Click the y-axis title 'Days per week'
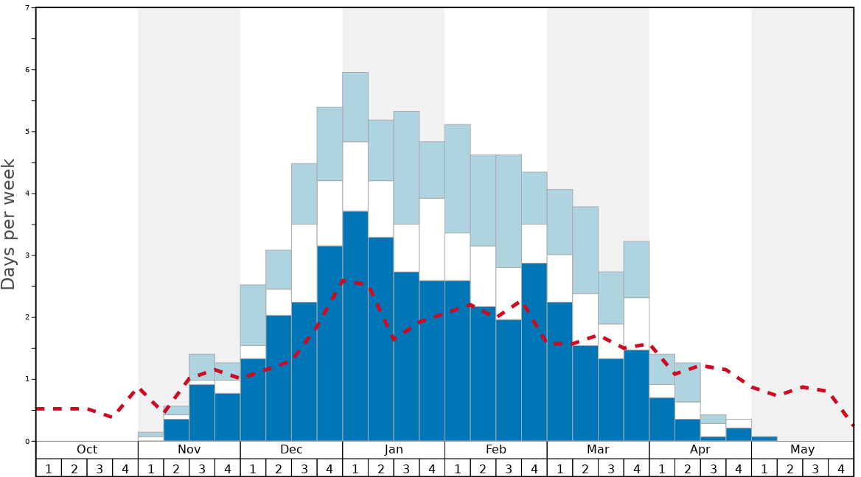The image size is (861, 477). point(9,224)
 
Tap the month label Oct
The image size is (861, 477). point(87,450)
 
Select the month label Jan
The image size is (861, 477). point(394,450)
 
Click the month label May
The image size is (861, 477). point(803,450)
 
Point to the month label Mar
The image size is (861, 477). point(598,450)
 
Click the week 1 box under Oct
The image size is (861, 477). point(49,468)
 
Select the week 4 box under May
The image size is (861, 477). point(841,468)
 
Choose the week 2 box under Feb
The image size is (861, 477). point(483,468)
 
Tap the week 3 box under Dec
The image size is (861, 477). point(304,468)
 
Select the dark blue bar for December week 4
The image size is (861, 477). point(330,343)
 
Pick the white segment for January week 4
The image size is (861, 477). point(432,239)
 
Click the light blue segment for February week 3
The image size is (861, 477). point(509,211)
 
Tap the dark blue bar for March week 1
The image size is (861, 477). point(560,371)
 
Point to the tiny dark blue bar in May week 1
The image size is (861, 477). point(764,439)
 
